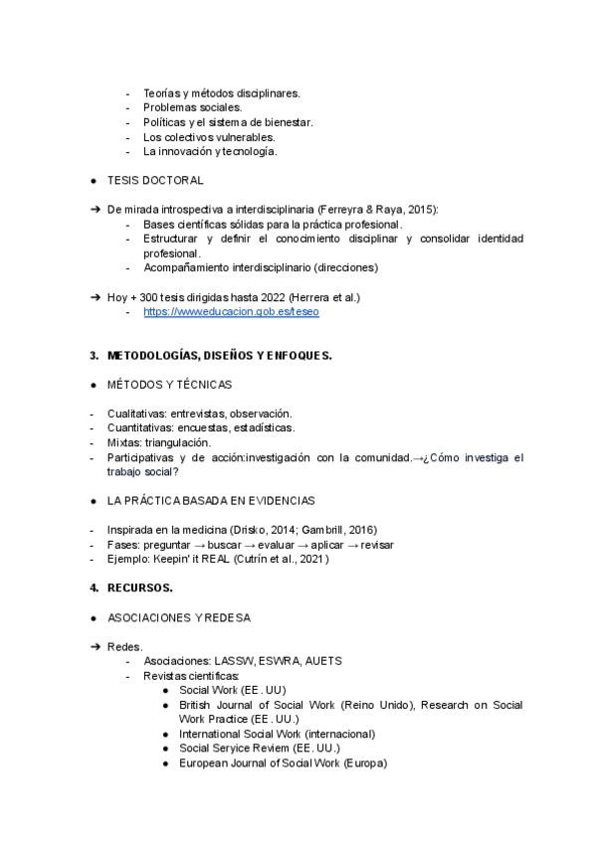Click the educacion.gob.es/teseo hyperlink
(231, 311)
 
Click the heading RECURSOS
(139, 588)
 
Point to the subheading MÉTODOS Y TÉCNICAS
(169, 384)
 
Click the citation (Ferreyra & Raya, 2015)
(379, 210)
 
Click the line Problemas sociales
(192, 107)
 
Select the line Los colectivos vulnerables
(209, 137)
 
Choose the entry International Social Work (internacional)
(278, 734)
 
